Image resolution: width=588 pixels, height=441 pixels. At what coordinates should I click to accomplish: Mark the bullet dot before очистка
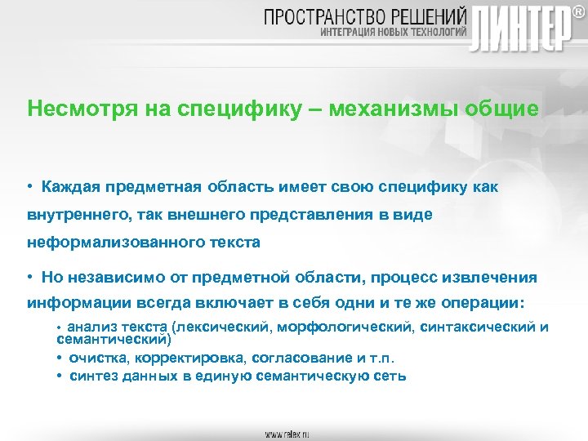61,358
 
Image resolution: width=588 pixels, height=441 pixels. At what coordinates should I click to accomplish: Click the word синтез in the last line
93,376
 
